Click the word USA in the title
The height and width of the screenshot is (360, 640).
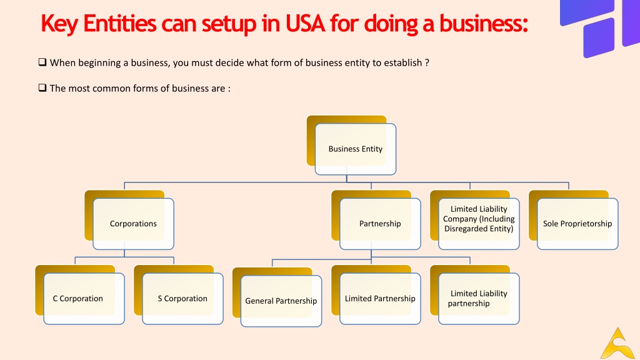tap(305, 23)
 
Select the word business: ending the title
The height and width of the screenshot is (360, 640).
tap(484, 23)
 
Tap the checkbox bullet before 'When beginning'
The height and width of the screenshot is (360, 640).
tap(42, 62)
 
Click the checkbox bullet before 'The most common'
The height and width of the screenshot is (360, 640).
tap(42, 87)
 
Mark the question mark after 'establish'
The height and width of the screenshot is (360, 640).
tap(427, 63)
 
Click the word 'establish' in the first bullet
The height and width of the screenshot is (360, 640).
tap(403, 63)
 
